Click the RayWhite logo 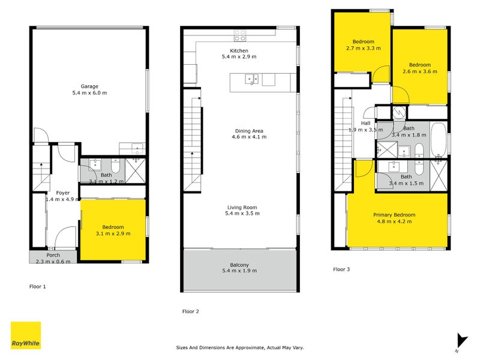click(26, 335)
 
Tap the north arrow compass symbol click(460, 340)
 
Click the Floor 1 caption click(38, 287)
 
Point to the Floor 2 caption click(190, 311)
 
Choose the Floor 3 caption click(341, 269)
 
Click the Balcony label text click(239, 265)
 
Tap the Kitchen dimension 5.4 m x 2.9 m click(239, 57)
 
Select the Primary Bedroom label click(394, 215)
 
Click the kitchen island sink click(251, 78)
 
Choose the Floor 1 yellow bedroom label click(113, 227)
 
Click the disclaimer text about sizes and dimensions click(239, 347)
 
